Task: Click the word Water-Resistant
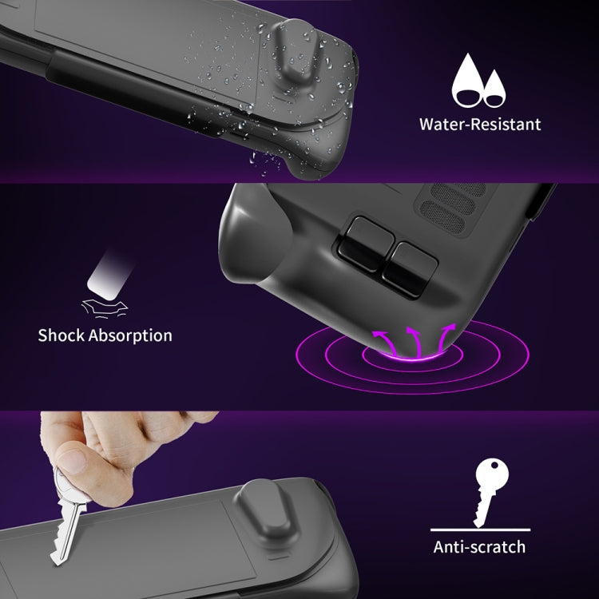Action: click(x=480, y=125)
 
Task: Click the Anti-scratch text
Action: click(x=479, y=546)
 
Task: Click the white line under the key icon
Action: click(x=478, y=529)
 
